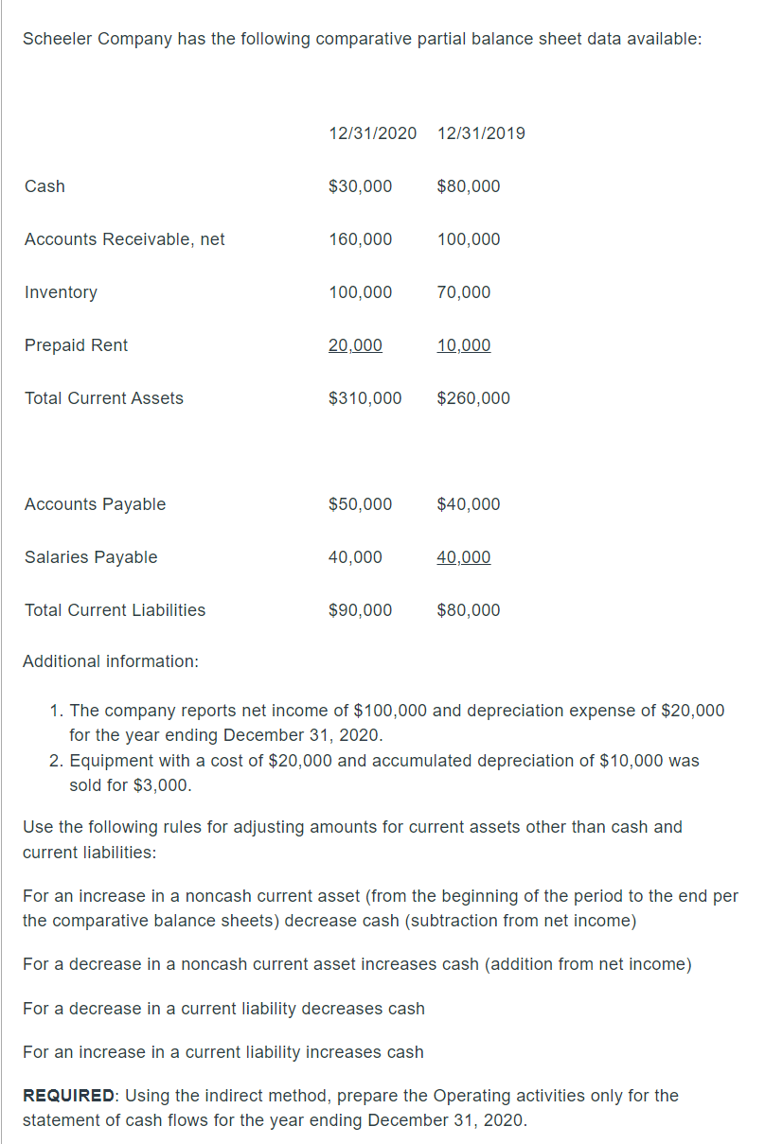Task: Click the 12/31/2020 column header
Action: pos(372,133)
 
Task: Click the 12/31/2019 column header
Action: pos(481,133)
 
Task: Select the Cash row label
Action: pos(44,186)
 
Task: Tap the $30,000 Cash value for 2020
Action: pos(360,186)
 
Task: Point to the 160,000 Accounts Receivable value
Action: pos(360,239)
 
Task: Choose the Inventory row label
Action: pos(61,292)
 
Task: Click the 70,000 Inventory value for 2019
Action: pos(464,292)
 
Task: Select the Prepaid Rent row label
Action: pos(76,345)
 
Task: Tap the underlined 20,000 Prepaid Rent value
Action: pos(355,345)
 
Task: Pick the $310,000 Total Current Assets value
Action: pos(365,398)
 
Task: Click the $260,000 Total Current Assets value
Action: pos(473,398)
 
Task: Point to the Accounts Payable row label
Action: pos(95,504)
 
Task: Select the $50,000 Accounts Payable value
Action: pos(360,504)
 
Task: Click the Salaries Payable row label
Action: pos(91,557)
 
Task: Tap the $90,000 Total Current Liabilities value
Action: pos(360,610)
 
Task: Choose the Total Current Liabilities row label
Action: pos(115,610)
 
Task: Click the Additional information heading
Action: pos(110,661)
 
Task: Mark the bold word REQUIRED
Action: pos(68,1096)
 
